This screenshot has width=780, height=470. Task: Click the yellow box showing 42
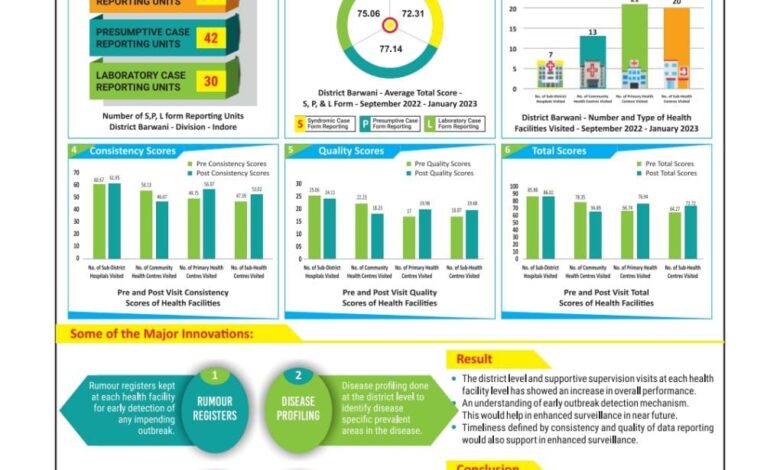(210, 38)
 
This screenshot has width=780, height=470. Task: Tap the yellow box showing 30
(210, 81)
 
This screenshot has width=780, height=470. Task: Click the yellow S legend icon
(299, 123)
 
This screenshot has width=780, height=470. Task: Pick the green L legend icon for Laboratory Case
(429, 123)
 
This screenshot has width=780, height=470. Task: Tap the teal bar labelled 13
(592, 62)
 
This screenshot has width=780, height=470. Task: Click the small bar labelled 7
(549, 74)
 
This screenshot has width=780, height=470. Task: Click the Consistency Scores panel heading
(132, 151)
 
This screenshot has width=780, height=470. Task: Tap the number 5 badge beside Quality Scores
(290, 151)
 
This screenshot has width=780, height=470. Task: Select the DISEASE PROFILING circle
(298, 409)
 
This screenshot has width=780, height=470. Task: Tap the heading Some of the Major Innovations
(161, 333)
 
